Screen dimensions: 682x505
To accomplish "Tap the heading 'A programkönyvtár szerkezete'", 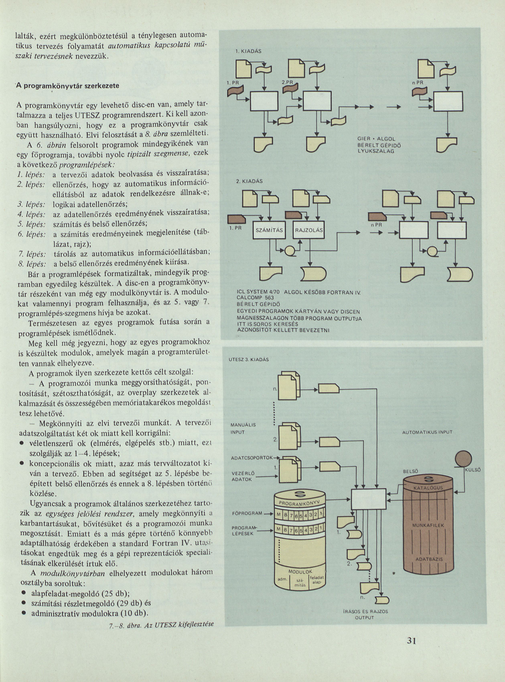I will pos(68,86).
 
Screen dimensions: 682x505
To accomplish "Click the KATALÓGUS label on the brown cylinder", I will pos(428,488).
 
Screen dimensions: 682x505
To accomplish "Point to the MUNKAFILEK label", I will pos(428,525).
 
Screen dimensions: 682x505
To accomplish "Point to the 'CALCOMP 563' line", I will pos(255,298).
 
